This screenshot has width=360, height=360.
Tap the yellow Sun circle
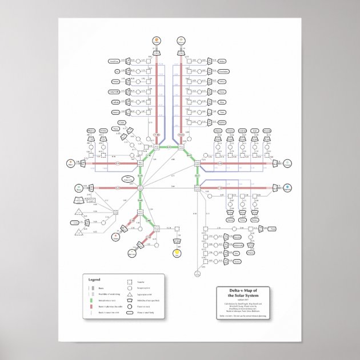(x=177, y=251)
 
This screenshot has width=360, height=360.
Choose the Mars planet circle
(x=70, y=163)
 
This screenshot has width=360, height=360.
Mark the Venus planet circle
(x=116, y=235)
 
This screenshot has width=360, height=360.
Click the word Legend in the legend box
(x=94, y=279)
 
